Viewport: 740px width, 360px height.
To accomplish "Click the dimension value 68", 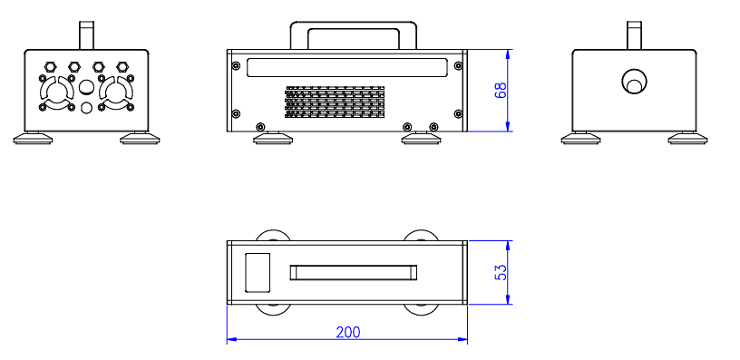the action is [501, 90].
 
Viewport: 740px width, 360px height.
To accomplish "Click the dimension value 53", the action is [501, 272].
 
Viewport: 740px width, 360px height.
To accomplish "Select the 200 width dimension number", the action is [348, 332].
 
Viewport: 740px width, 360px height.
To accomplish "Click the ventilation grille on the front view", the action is [335, 102].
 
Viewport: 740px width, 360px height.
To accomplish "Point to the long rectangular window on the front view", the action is [346, 67].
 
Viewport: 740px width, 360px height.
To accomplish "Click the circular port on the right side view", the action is [634, 82].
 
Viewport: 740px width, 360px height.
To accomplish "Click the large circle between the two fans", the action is [86, 87].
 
